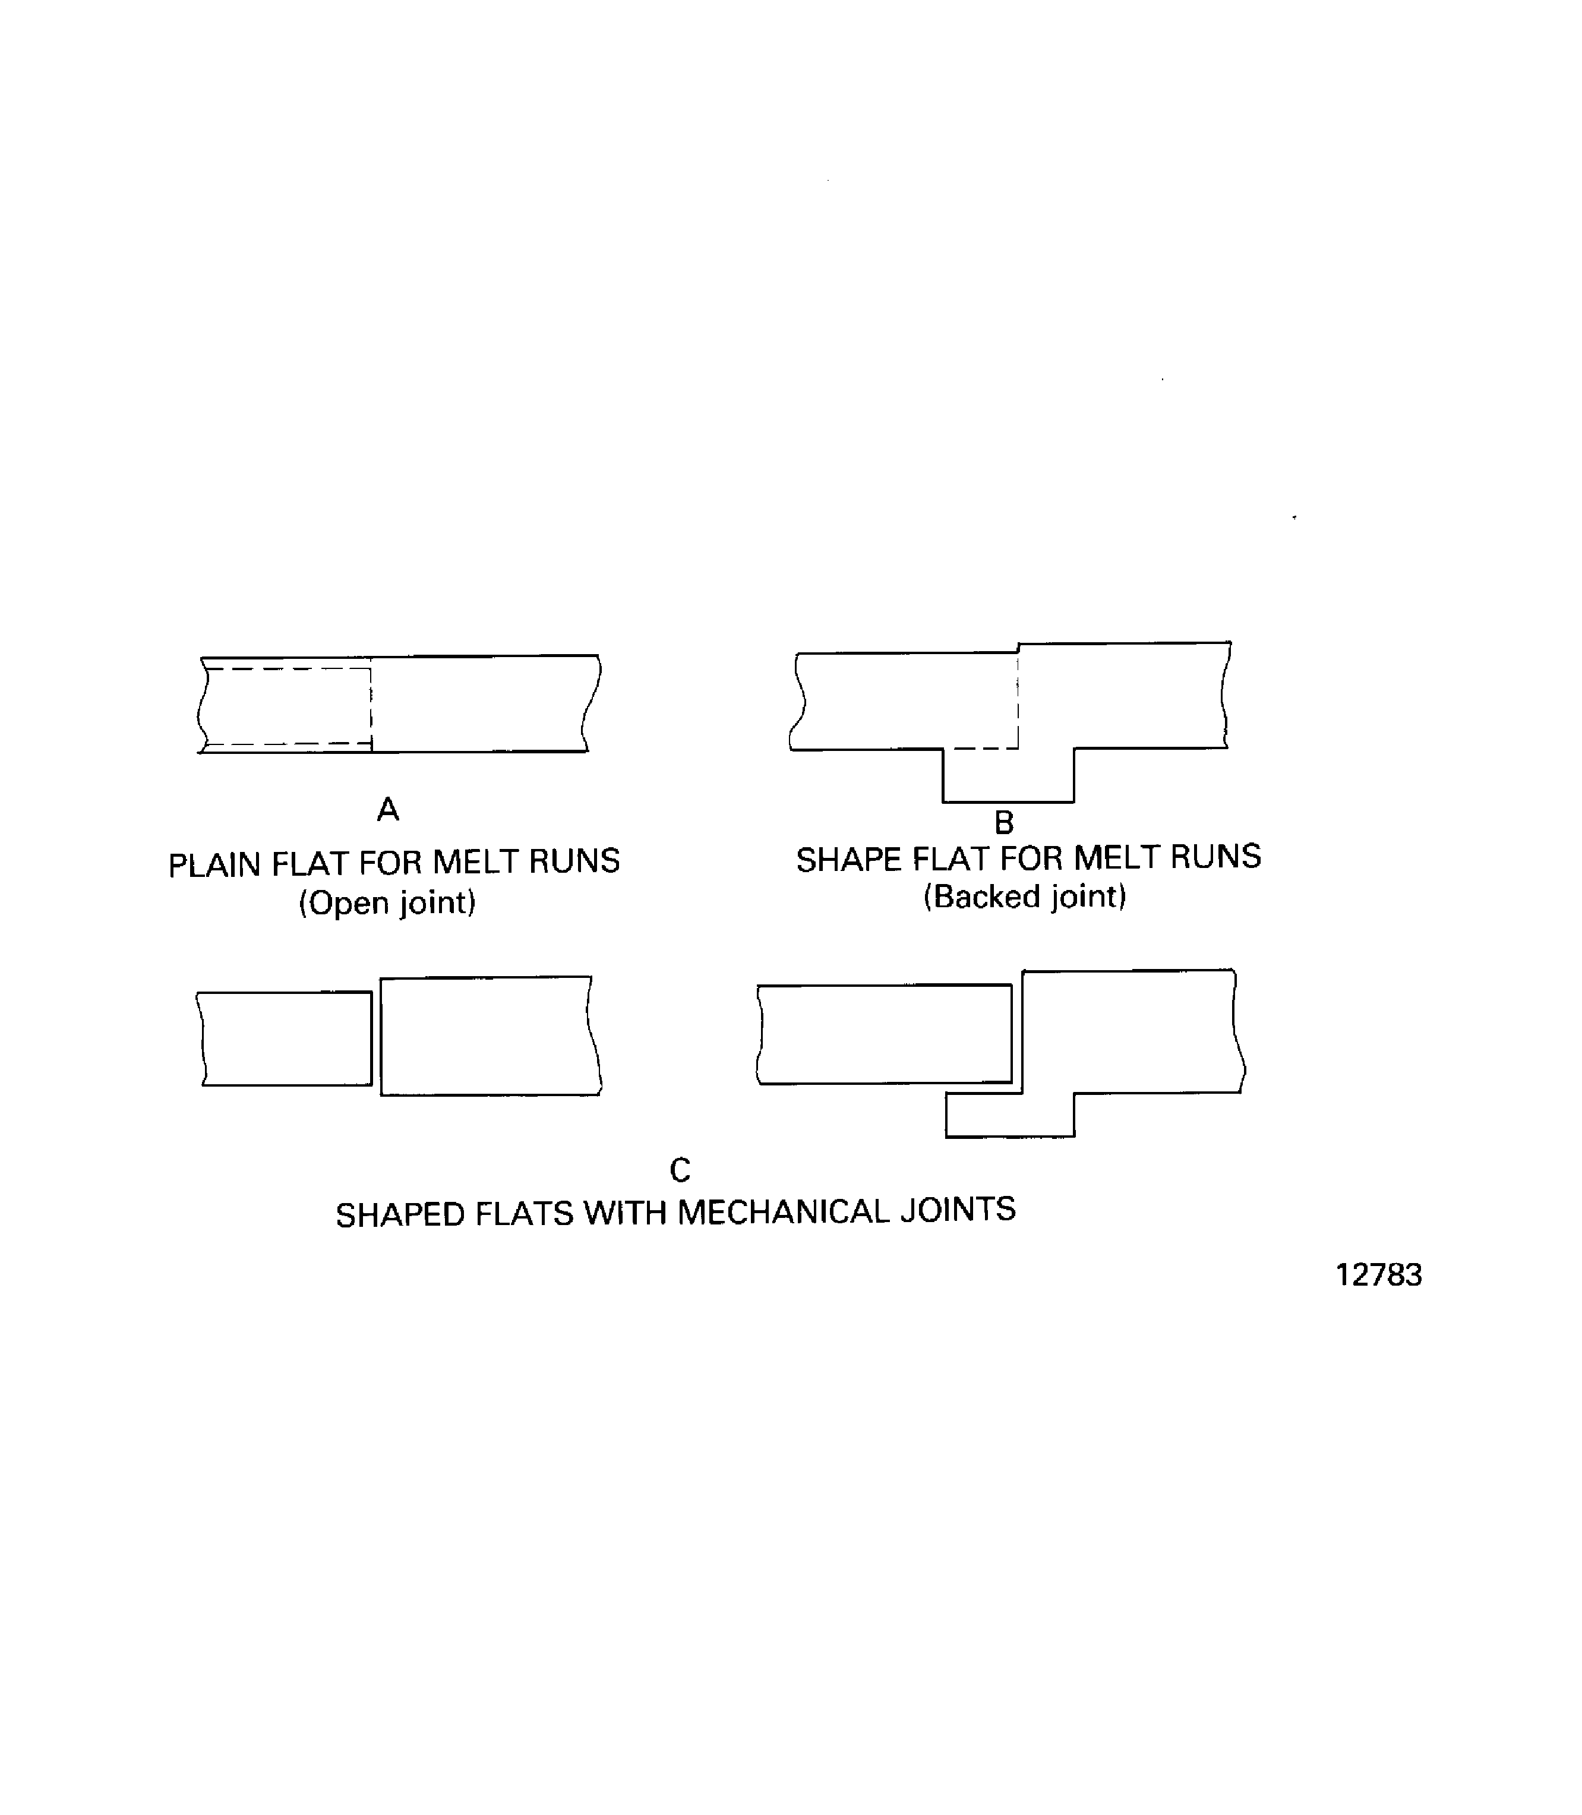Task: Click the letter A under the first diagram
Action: (387, 809)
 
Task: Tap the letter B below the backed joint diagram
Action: (1004, 823)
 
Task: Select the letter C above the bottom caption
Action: (679, 1170)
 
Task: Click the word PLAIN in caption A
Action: (214, 865)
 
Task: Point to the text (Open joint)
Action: (387, 903)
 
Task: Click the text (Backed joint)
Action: (1025, 897)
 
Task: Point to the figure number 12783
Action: (1378, 1276)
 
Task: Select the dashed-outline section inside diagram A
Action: (288, 706)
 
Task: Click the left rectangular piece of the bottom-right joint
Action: (885, 1034)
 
